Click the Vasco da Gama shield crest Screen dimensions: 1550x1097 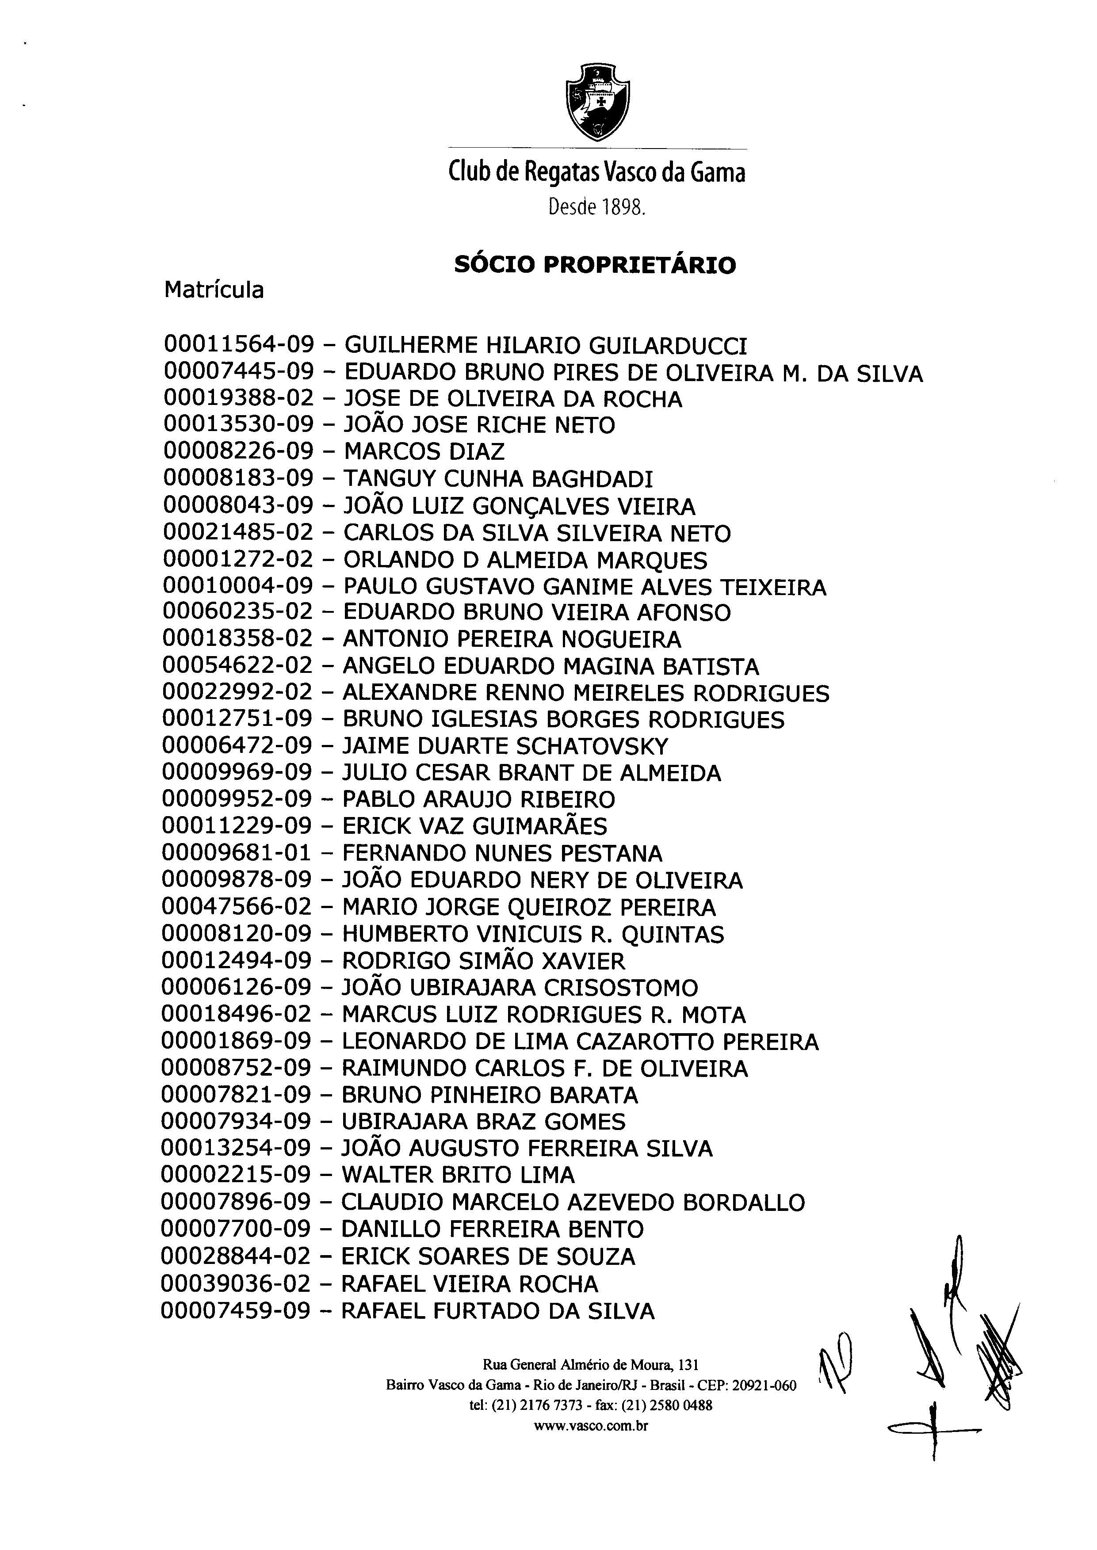597,102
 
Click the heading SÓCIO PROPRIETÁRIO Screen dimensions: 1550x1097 595,265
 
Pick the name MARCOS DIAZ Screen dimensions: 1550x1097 424,452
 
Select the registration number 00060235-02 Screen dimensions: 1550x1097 238,613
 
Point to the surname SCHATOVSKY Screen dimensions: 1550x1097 592,746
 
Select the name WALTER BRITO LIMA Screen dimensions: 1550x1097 458,1175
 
